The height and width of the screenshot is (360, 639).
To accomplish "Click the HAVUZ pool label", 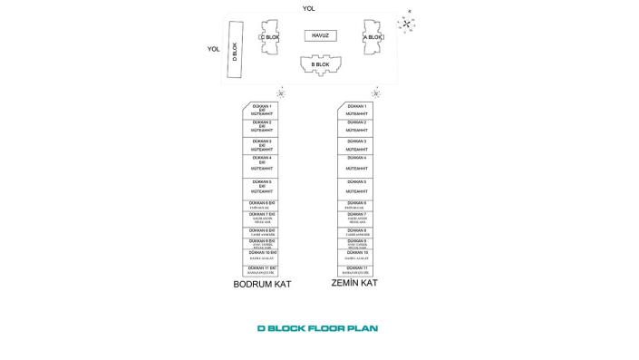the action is pos(319,35).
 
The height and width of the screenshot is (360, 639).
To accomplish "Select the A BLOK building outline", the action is pos(374,38).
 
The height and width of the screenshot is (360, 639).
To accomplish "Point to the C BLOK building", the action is pos(269,38).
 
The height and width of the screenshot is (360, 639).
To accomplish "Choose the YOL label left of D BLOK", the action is pos(214,50).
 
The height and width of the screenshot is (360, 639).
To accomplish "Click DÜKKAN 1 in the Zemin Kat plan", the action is pos(357,110).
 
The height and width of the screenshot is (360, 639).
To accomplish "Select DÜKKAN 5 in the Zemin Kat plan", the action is pos(357,187).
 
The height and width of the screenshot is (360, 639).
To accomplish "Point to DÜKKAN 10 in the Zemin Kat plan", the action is pos(357,255).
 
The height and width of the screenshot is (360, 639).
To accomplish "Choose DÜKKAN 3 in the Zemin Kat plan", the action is pos(357,145).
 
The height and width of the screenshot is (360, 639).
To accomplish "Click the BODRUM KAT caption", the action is pos(262,284).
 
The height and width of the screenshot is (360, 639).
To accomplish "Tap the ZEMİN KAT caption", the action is pos(354,283).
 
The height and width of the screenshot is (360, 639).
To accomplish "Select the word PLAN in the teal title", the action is pos(363,328).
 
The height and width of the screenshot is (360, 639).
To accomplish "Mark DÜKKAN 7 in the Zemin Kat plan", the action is pos(357,218).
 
